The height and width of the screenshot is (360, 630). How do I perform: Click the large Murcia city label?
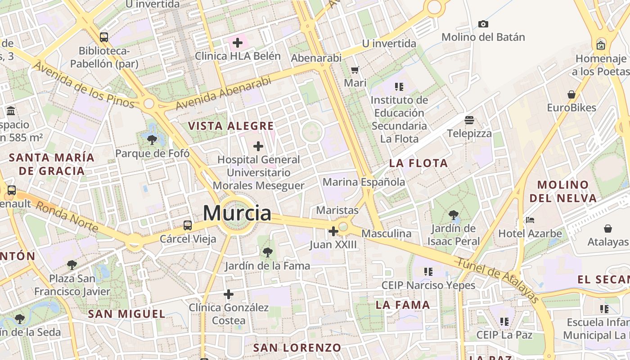[x=237, y=213]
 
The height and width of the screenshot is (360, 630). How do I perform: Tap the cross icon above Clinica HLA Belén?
[x=237, y=43]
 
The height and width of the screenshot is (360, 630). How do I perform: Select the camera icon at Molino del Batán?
[x=483, y=24]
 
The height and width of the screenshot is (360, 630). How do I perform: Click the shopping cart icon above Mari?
[x=355, y=70]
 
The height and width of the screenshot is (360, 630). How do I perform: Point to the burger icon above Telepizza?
[x=469, y=120]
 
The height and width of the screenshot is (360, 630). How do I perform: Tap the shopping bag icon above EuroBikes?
[x=571, y=94]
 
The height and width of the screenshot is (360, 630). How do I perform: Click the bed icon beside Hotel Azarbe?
[x=530, y=220]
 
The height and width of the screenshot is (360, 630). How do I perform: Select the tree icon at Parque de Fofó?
[x=152, y=140]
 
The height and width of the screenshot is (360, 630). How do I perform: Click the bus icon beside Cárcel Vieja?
[x=188, y=225]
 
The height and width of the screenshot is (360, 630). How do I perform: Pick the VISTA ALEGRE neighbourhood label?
[x=231, y=126]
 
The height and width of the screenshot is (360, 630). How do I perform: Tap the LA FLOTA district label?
[x=418, y=163]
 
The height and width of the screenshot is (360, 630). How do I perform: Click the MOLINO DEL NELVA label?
[x=563, y=191]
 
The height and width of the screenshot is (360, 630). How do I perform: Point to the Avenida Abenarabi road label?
[x=223, y=93]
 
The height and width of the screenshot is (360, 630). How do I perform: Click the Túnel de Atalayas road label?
[x=497, y=280]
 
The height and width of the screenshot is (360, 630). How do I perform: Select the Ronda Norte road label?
[x=67, y=216]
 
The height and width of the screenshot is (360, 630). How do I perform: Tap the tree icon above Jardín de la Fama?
[x=268, y=252]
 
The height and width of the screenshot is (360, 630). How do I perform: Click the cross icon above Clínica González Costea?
[x=229, y=294]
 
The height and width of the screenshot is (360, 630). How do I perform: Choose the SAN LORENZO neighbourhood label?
[x=297, y=348]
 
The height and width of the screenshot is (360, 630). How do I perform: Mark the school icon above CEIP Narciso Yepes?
[x=428, y=272]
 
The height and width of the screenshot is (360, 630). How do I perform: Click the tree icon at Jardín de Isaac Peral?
[x=453, y=215]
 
